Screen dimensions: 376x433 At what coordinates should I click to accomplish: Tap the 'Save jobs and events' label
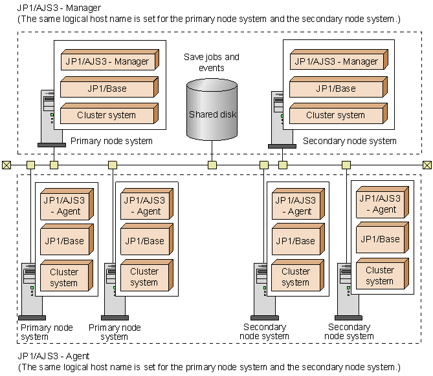[x=212, y=62]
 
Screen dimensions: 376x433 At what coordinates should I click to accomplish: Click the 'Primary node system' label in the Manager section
[x=111, y=141]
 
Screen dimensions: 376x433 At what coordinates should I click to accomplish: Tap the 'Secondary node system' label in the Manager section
[x=350, y=141]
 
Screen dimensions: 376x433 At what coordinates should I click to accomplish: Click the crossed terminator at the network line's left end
[x=6, y=165]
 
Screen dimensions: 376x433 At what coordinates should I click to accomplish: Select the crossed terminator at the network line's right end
[x=427, y=165]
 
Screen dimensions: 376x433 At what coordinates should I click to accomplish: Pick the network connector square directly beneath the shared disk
[x=212, y=165]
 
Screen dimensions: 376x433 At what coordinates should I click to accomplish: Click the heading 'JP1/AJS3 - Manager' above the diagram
[x=56, y=7]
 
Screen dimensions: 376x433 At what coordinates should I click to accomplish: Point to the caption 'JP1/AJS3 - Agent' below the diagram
[x=53, y=356]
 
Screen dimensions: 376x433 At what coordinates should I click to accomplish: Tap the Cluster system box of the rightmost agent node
[x=381, y=276]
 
